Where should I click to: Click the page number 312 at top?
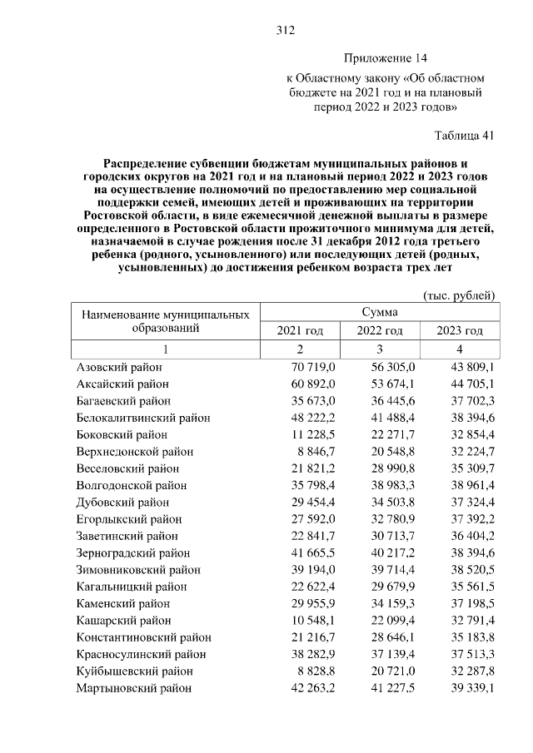(x=286, y=31)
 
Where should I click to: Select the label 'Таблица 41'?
(x=465, y=135)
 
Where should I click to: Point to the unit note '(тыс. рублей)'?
(x=460, y=295)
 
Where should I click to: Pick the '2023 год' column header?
(x=460, y=331)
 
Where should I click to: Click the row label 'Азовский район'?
(x=118, y=367)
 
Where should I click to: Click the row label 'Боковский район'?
(x=122, y=434)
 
